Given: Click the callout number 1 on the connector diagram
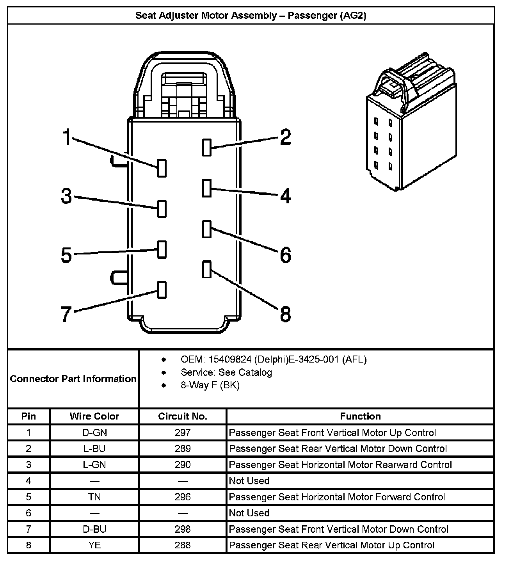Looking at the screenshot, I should [x=68, y=137].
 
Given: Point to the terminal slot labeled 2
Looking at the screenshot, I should [x=207, y=147].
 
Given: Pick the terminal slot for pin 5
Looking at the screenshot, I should [x=162, y=249].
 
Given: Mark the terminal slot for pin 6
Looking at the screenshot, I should [x=207, y=229].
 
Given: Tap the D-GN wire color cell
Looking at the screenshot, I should [x=94, y=432].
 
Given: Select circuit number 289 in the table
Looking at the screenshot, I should [x=183, y=448].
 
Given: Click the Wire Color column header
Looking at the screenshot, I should [x=94, y=416].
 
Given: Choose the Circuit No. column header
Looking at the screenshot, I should [x=183, y=416].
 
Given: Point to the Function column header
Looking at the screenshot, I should [x=360, y=416].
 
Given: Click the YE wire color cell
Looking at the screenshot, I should [x=94, y=545].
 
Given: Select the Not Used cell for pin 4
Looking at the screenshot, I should [x=249, y=481].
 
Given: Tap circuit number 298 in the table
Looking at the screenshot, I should [x=183, y=529].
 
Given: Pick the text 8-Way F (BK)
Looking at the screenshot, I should [x=210, y=385].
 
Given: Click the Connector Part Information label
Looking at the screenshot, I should [x=73, y=379].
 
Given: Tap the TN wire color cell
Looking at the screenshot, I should [x=94, y=497].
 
